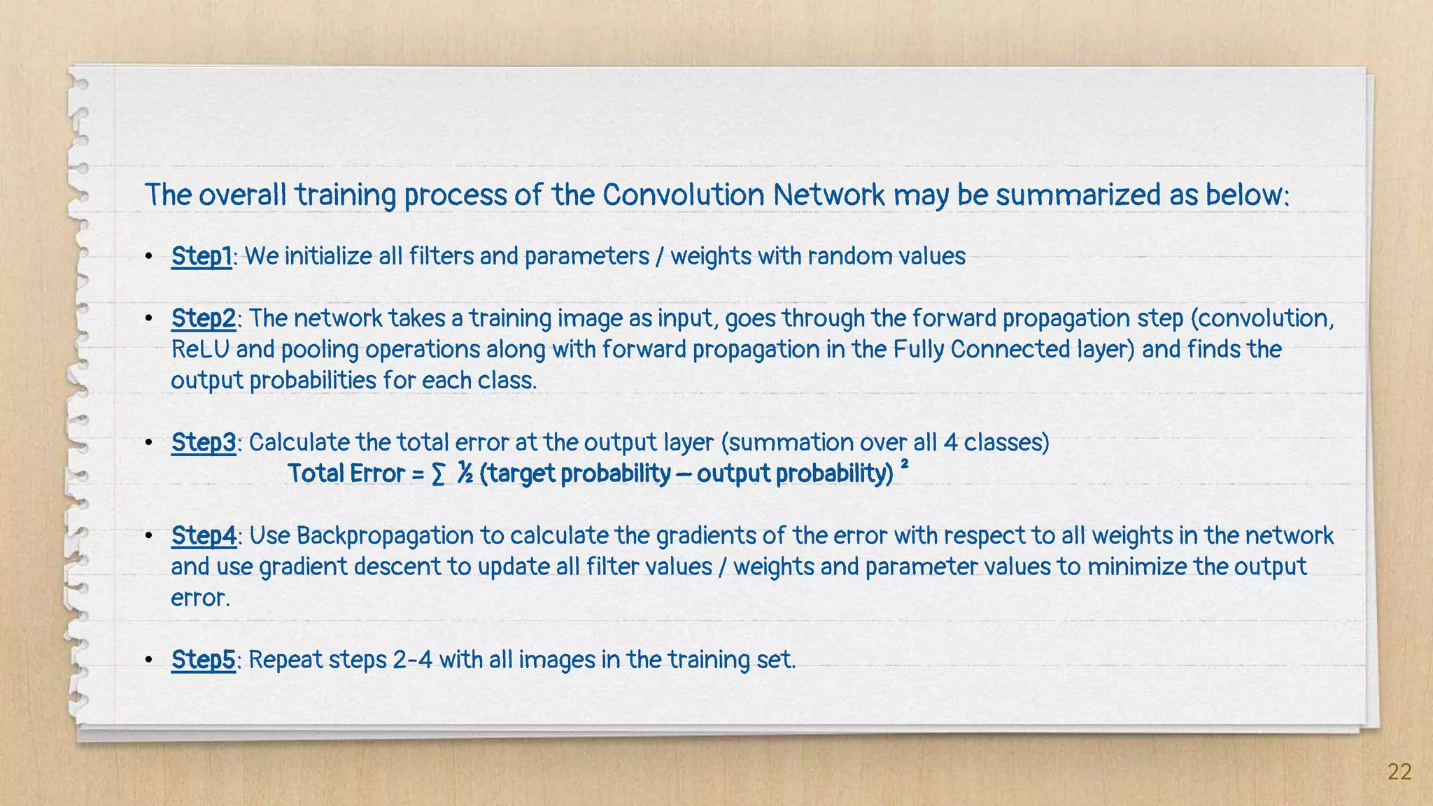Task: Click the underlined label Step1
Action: tap(202, 256)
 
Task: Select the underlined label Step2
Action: tap(204, 318)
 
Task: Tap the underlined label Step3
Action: tap(204, 442)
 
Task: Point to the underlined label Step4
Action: tap(204, 535)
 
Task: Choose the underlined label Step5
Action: tap(203, 659)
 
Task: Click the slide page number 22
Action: tap(1399, 772)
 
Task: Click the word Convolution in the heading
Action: tap(684, 195)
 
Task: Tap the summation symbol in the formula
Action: tap(438, 474)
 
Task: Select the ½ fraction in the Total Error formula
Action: tap(465, 474)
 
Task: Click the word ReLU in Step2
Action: tap(200, 349)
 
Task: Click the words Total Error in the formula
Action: tap(346, 474)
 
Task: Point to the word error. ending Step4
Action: tap(200, 598)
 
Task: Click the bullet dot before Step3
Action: tap(148, 443)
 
